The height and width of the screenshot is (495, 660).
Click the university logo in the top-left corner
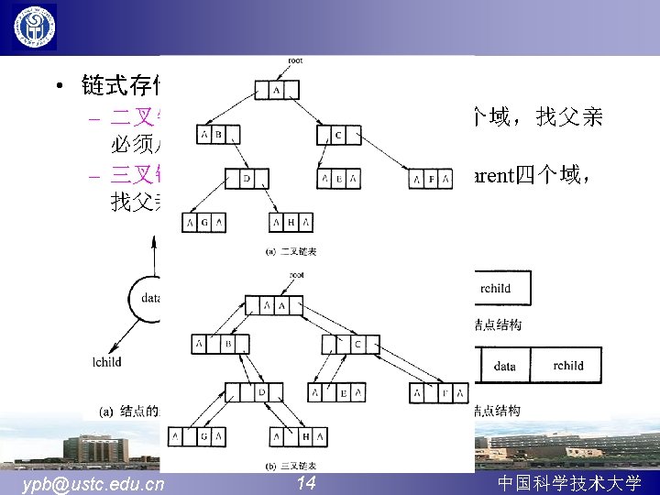pos(34,27)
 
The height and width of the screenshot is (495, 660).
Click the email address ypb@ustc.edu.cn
pos(93,483)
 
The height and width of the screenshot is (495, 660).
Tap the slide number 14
pos(306,482)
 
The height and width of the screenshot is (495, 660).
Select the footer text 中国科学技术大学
pos(568,483)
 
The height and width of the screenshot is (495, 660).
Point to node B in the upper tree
pos(217,135)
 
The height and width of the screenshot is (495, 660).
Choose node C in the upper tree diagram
pos(338,135)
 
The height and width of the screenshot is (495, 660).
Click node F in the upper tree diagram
pos(431,178)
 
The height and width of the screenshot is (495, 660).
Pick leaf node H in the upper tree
pos(291,222)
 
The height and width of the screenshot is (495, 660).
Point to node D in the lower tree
pos(262,392)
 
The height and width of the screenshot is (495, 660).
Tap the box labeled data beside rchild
pos(504,366)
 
